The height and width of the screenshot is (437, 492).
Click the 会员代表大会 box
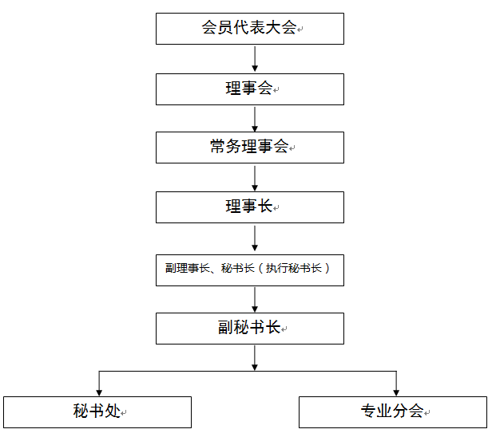(250, 29)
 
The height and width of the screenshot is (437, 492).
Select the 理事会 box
(250, 89)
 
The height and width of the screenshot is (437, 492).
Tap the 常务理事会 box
(250, 148)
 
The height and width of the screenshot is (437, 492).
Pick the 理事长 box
(250, 207)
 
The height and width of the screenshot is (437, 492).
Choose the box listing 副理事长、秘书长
(250, 270)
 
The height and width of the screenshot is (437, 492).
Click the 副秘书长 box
(250, 329)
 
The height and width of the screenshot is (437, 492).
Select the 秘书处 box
(97, 412)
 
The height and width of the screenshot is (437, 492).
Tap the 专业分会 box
(393, 412)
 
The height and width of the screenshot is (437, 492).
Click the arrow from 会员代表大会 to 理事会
(255, 59)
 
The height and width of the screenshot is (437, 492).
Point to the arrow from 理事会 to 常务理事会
(255, 120)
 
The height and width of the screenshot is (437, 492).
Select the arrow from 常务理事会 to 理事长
(255, 179)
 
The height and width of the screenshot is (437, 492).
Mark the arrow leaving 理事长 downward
(255, 238)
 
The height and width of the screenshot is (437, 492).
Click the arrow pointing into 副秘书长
(255, 300)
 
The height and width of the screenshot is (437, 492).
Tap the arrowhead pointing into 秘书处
(99, 393)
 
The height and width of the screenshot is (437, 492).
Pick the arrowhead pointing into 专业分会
(396, 393)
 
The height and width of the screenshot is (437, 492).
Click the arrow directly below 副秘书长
(255, 358)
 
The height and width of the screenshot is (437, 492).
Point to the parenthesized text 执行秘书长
(294, 268)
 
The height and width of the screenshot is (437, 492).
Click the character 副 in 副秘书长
(225, 328)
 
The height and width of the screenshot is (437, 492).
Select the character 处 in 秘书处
(113, 411)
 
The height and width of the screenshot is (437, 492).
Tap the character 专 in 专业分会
(368, 411)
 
